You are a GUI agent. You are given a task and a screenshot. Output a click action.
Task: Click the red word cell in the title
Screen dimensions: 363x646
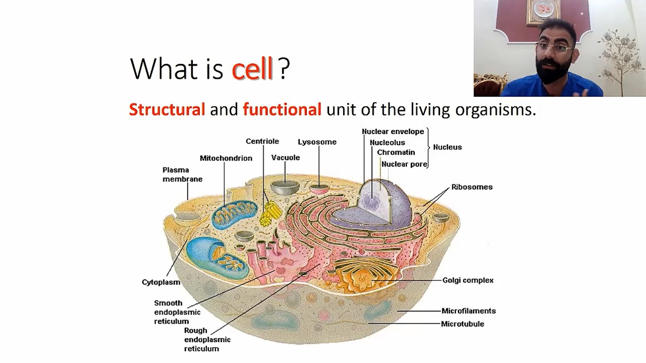(252, 69)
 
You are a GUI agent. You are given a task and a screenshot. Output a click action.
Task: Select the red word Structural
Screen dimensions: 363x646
(167, 109)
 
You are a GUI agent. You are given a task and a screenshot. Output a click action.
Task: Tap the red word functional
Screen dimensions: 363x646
(282, 109)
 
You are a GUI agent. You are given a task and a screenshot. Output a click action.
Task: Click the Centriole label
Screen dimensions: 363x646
(262, 141)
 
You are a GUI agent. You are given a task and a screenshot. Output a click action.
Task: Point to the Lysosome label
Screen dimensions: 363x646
(317, 142)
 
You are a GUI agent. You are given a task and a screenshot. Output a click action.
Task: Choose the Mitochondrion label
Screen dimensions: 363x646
(226, 158)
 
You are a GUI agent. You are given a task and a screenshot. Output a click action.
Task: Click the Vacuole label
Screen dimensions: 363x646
(286, 157)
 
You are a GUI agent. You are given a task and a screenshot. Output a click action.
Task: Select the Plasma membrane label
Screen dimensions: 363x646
(182, 174)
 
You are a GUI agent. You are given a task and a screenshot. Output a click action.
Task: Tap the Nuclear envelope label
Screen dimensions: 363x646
(393, 132)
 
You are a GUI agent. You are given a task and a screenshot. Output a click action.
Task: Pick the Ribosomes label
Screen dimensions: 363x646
(471, 187)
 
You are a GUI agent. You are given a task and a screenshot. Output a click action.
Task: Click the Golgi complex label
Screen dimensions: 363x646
(468, 280)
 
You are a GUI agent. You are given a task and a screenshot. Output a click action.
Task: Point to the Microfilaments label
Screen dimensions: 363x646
(468, 311)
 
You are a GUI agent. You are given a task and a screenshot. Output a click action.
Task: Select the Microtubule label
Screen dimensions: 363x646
(462, 324)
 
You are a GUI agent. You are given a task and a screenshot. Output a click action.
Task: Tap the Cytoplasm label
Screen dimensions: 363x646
(161, 282)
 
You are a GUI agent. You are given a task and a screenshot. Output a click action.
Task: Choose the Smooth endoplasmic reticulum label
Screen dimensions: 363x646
(177, 312)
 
